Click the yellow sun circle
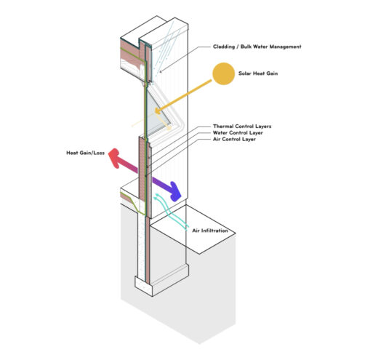click(x=223, y=73)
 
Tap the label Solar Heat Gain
click(x=258, y=73)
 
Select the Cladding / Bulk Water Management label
click(x=257, y=47)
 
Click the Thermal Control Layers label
click(x=242, y=126)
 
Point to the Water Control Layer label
click(x=238, y=132)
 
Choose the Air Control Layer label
click(x=234, y=139)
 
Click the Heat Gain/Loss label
click(x=85, y=153)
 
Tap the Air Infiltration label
click(x=210, y=231)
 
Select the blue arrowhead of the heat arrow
click(x=176, y=191)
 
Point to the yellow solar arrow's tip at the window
click(x=156, y=112)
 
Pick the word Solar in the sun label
click(x=244, y=73)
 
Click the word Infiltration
click(x=214, y=231)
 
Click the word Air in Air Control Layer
click(x=217, y=139)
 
